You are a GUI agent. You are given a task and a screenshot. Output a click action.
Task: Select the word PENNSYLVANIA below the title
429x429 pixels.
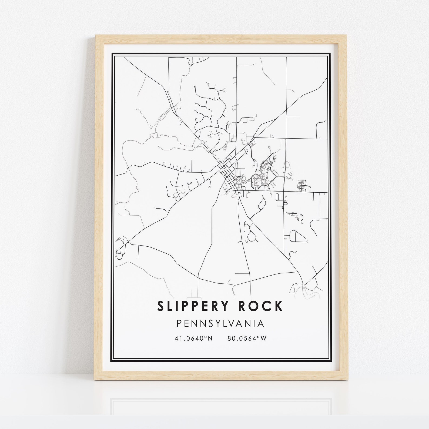[x=220, y=324]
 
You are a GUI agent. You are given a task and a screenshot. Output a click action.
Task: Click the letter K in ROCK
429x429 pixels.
[x=279, y=306]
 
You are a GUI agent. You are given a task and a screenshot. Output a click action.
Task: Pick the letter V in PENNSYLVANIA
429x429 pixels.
[x=234, y=324]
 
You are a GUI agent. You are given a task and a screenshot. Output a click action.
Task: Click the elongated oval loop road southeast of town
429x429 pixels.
[x=298, y=237]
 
